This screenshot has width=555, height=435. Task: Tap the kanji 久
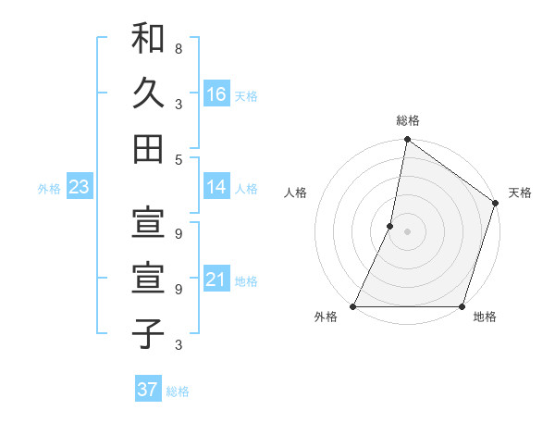click(148, 93)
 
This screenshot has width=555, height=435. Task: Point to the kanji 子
click(148, 332)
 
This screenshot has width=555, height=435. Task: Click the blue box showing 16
click(216, 94)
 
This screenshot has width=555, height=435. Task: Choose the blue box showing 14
click(216, 188)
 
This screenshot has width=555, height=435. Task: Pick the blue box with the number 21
click(216, 280)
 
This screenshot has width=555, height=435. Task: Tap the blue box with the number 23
click(79, 188)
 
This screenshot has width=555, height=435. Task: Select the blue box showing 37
click(147, 390)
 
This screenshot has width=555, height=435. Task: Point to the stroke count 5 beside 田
click(178, 159)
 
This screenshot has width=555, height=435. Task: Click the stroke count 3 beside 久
click(178, 104)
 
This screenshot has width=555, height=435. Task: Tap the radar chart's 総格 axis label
click(408, 120)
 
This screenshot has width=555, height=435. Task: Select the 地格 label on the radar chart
click(485, 317)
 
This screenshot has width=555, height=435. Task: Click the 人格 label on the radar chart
click(296, 193)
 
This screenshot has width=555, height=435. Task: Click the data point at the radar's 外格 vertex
click(354, 306)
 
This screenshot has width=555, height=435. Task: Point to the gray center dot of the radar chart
click(407, 231)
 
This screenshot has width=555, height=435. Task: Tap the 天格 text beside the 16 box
click(246, 95)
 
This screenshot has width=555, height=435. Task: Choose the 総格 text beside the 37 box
click(178, 391)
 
